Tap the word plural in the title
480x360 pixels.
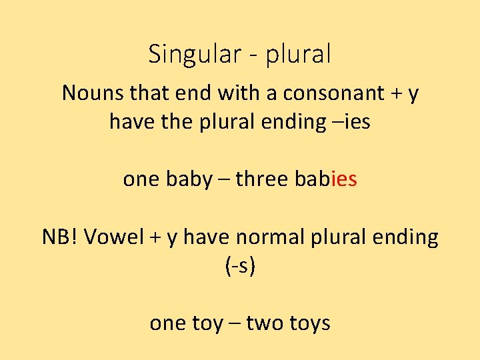click(x=298, y=55)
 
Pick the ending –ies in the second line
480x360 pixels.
click(x=350, y=122)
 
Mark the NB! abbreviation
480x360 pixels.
click(x=59, y=237)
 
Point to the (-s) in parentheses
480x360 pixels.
click(x=241, y=266)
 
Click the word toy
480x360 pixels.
click(x=208, y=323)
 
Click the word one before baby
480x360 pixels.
click(x=141, y=179)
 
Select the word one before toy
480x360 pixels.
click(x=168, y=323)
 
